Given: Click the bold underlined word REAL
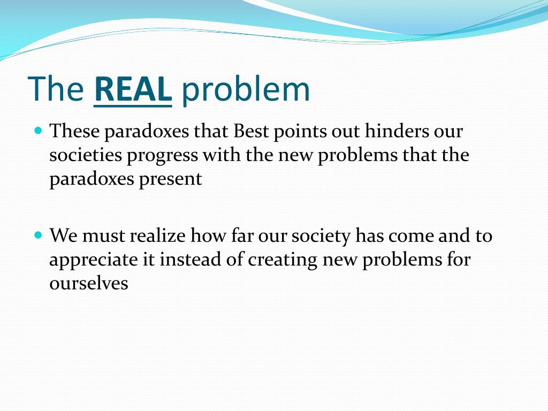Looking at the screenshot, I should [x=133, y=89].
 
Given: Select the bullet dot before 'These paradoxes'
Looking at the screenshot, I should [x=37, y=131].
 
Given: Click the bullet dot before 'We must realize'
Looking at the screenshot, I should [x=37, y=235].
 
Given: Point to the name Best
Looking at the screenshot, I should [x=253, y=131].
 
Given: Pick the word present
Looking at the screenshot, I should [x=171, y=179].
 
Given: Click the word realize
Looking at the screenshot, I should [x=158, y=235].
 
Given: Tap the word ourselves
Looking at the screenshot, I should [x=89, y=284].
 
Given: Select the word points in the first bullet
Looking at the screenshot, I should [x=297, y=131].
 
